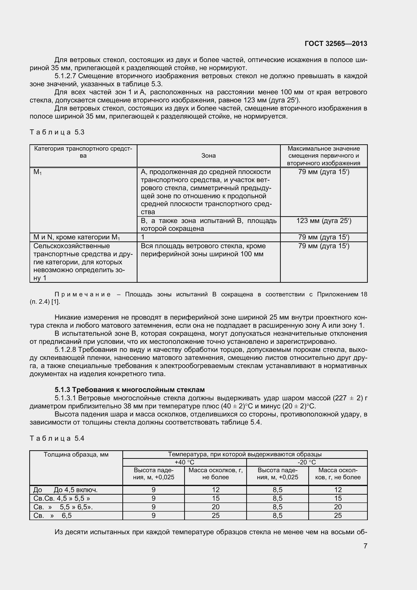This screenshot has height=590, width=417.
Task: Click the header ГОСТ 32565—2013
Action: click(336, 44)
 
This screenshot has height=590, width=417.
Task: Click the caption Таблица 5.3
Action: click(57, 132)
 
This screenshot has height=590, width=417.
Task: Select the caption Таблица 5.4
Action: click(57, 438)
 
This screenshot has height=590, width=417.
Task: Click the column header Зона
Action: click(208, 156)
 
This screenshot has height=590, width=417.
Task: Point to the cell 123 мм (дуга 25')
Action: click(324, 221)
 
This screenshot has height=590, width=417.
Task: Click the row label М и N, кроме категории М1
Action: click(77, 237)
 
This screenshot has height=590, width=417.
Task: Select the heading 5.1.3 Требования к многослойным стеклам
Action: click(129, 390)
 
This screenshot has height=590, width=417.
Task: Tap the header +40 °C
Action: click(184, 462)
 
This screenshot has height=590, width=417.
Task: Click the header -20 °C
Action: click(307, 462)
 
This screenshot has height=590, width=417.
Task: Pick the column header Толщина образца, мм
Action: click(76, 455)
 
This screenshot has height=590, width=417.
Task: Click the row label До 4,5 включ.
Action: click(75, 490)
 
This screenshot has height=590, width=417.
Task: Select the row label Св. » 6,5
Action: click(52, 516)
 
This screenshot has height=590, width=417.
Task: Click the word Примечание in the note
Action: click(82, 294)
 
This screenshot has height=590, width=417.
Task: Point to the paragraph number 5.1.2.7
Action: click(65, 76)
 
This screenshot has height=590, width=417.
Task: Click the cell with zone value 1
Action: click(143, 237)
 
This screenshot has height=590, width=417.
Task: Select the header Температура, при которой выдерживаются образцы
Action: click(245, 454)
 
